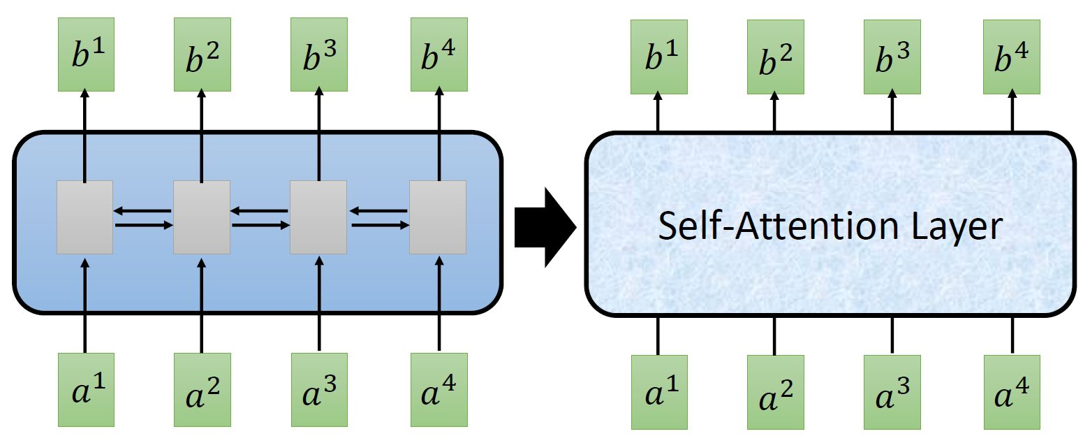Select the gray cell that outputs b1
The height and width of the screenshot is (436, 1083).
[x=84, y=217]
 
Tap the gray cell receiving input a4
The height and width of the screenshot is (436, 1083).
[x=438, y=217]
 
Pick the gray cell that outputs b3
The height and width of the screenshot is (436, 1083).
[x=318, y=217]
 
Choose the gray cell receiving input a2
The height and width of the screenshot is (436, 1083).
[x=202, y=217]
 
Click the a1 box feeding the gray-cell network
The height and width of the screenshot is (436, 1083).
[x=85, y=389]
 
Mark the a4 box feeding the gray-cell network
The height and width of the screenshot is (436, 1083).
[x=439, y=389]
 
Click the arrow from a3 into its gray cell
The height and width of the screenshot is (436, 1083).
[x=319, y=304]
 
